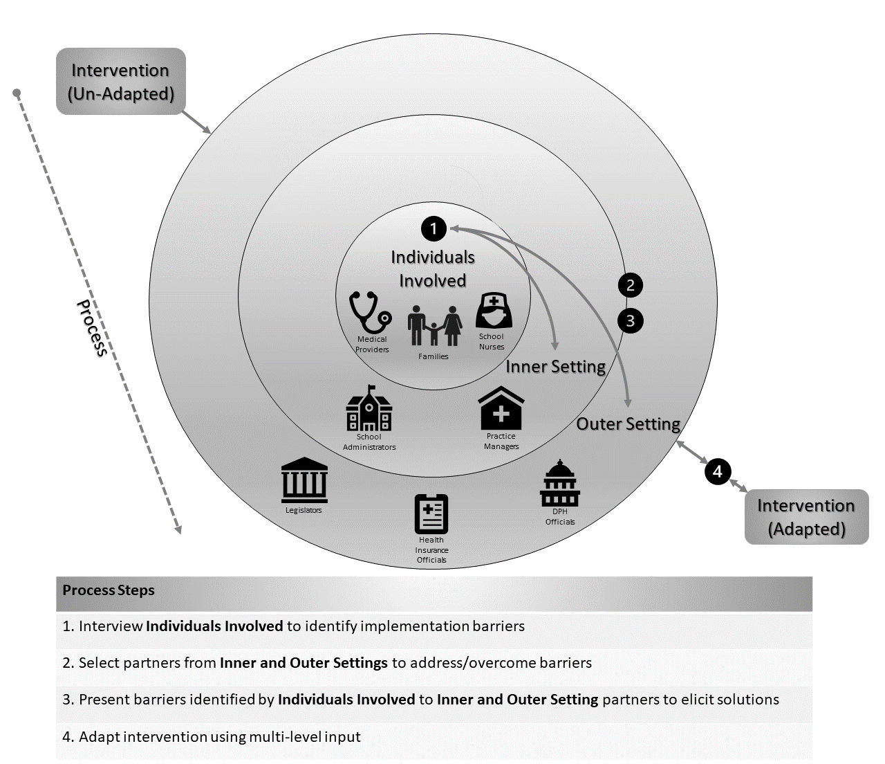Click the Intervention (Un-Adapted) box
[x=120, y=82]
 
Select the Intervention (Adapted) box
[x=806, y=518]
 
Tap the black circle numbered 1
[x=434, y=228]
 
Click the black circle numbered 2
[x=630, y=285]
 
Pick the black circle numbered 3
[x=630, y=321]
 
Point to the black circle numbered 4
[x=718, y=471]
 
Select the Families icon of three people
[x=434, y=326]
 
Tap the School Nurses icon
[x=494, y=311]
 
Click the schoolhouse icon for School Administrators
[x=369, y=409]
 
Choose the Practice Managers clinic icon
[x=501, y=409]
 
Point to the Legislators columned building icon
[x=304, y=480]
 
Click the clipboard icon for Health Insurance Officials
[x=431, y=513]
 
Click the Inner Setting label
[x=555, y=367]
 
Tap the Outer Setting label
[x=628, y=424]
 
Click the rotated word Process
[x=92, y=328]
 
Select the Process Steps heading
[x=109, y=591]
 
